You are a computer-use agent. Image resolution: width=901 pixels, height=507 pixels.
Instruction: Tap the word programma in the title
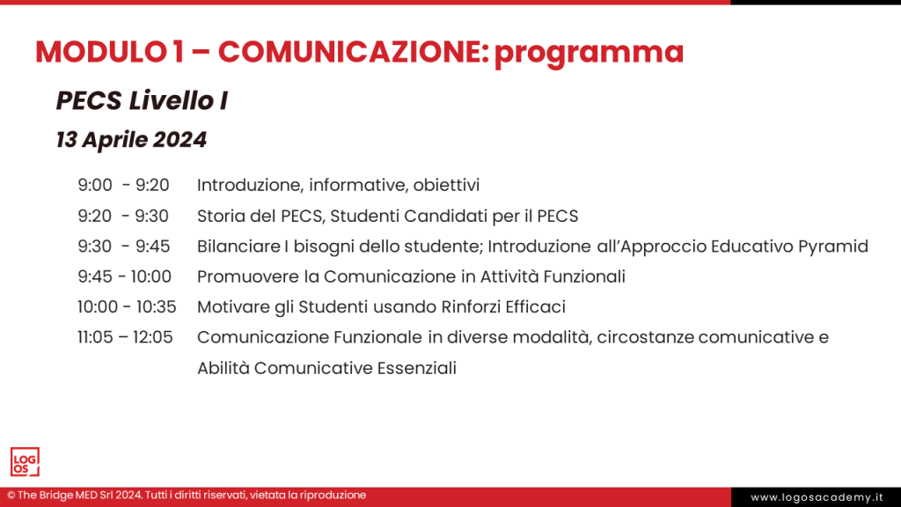[589, 54]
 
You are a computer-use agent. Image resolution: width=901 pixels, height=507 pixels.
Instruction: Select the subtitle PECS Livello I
[142, 101]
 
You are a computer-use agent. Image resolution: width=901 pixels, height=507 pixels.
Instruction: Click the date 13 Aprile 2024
[131, 140]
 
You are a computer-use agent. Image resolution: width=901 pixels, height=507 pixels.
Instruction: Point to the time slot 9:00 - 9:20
[123, 185]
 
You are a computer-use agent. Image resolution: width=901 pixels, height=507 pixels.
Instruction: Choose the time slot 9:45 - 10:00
[124, 276]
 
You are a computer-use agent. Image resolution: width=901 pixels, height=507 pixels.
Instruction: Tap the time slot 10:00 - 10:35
[127, 307]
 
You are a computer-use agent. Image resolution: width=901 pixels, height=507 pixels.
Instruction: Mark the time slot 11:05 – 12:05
[125, 337]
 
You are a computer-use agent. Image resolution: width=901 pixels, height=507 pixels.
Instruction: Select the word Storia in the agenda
[218, 216]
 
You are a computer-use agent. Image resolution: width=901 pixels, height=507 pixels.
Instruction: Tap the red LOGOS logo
[25, 462]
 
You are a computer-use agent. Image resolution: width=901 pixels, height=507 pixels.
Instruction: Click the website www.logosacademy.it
[816, 497]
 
